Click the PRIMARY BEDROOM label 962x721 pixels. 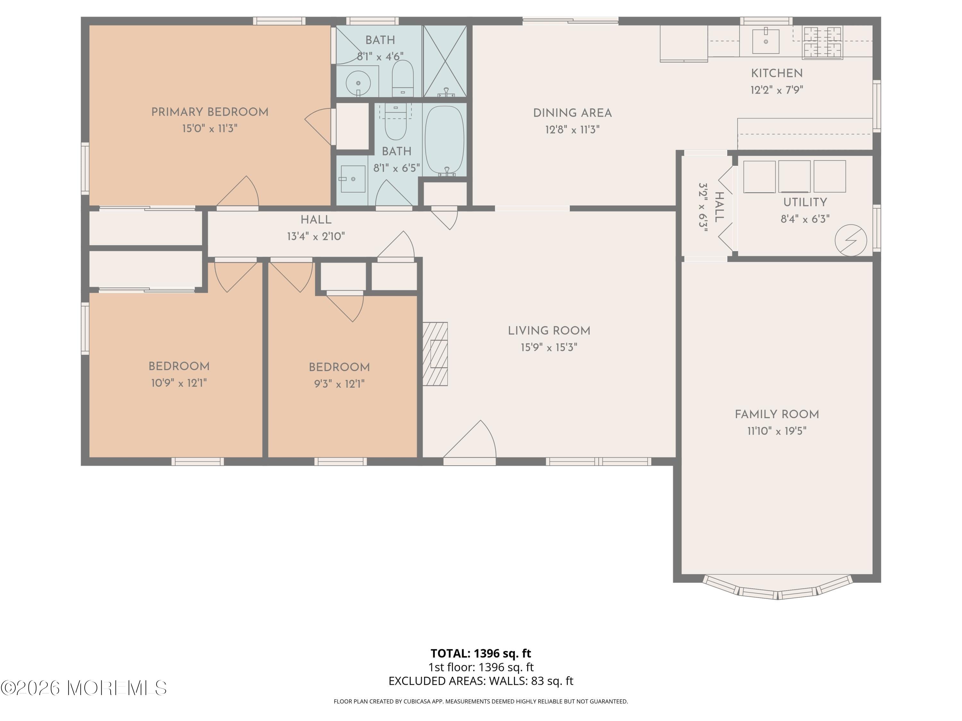[210, 112]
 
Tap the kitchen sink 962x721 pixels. [765, 41]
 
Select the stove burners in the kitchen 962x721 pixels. [822, 42]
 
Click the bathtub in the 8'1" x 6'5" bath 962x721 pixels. [444, 140]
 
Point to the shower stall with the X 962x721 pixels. [444, 61]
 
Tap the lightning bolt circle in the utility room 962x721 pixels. [851, 240]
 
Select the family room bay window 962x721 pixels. [778, 589]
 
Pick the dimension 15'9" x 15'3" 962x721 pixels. [549, 347]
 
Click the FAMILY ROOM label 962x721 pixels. [777, 415]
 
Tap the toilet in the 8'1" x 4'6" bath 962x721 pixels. [403, 77]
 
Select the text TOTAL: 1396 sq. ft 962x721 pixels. [481, 653]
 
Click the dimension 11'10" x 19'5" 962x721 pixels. [777, 431]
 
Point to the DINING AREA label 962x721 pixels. [572, 113]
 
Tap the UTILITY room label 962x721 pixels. [805, 202]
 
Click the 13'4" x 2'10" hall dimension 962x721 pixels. [316, 236]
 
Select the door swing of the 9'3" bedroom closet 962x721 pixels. [348, 306]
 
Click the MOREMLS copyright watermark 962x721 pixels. [83, 688]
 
